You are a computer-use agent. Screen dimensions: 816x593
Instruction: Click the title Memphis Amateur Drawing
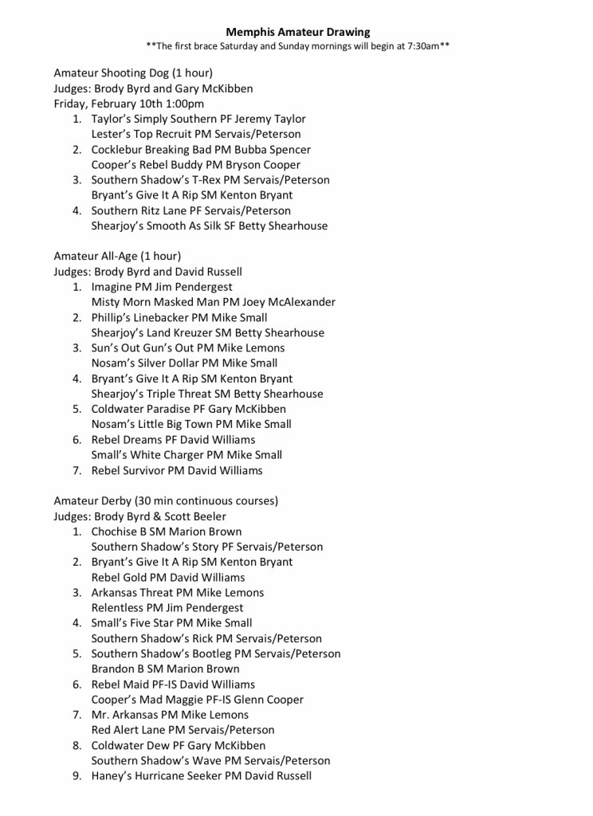point(297,32)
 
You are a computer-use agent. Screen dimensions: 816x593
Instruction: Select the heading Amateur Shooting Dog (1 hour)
point(133,73)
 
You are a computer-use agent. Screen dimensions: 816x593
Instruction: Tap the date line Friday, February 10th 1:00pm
point(128,104)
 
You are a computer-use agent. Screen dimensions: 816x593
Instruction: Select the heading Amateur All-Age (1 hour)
point(117,257)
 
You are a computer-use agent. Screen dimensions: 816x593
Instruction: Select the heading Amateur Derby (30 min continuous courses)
point(166,501)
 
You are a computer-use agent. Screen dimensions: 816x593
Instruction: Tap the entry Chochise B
point(122,532)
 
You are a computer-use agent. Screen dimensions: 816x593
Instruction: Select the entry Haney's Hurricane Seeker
point(155,775)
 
